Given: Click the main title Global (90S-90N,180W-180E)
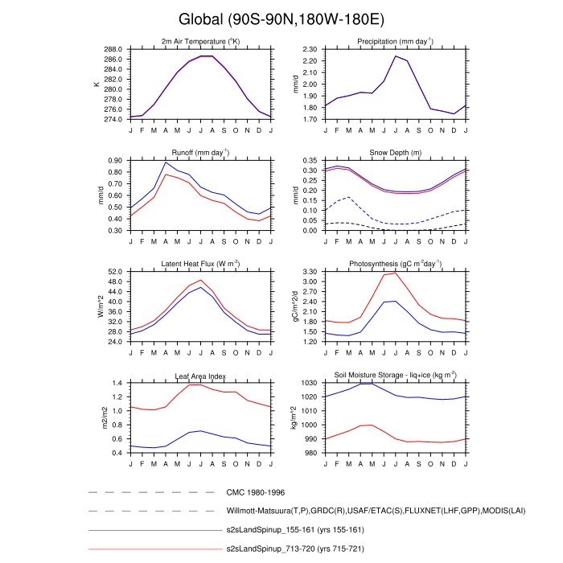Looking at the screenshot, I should [281, 19].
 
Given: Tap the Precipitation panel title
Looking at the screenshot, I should [395, 41].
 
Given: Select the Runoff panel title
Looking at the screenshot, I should [200, 152].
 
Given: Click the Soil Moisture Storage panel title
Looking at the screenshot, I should [395, 376].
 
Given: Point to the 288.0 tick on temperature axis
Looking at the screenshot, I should [114, 49].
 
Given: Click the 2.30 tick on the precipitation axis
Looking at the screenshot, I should [310, 49].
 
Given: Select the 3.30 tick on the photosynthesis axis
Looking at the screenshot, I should [310, 272].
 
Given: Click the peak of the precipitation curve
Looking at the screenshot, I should [395, 55].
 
